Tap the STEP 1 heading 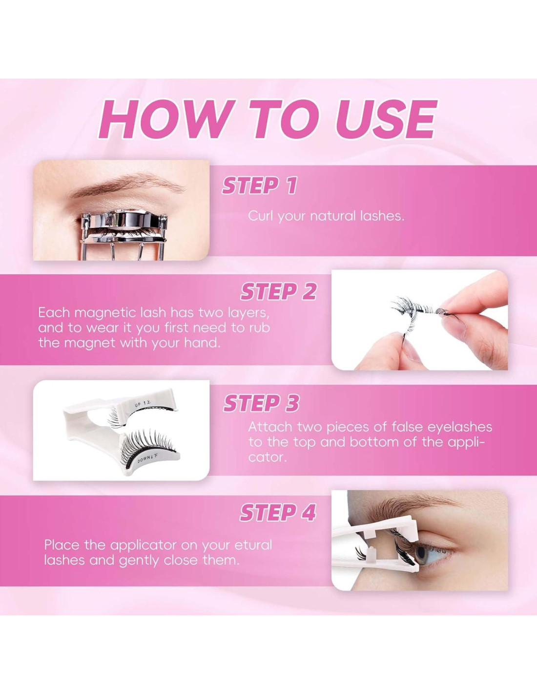pyautogui.click(x=259, y=186)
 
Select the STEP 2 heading pyautogui.click(x=278, y=292)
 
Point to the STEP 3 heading pyautogui.click(x=261, y=403)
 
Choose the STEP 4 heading pyautogui.click(x=278, y=513)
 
